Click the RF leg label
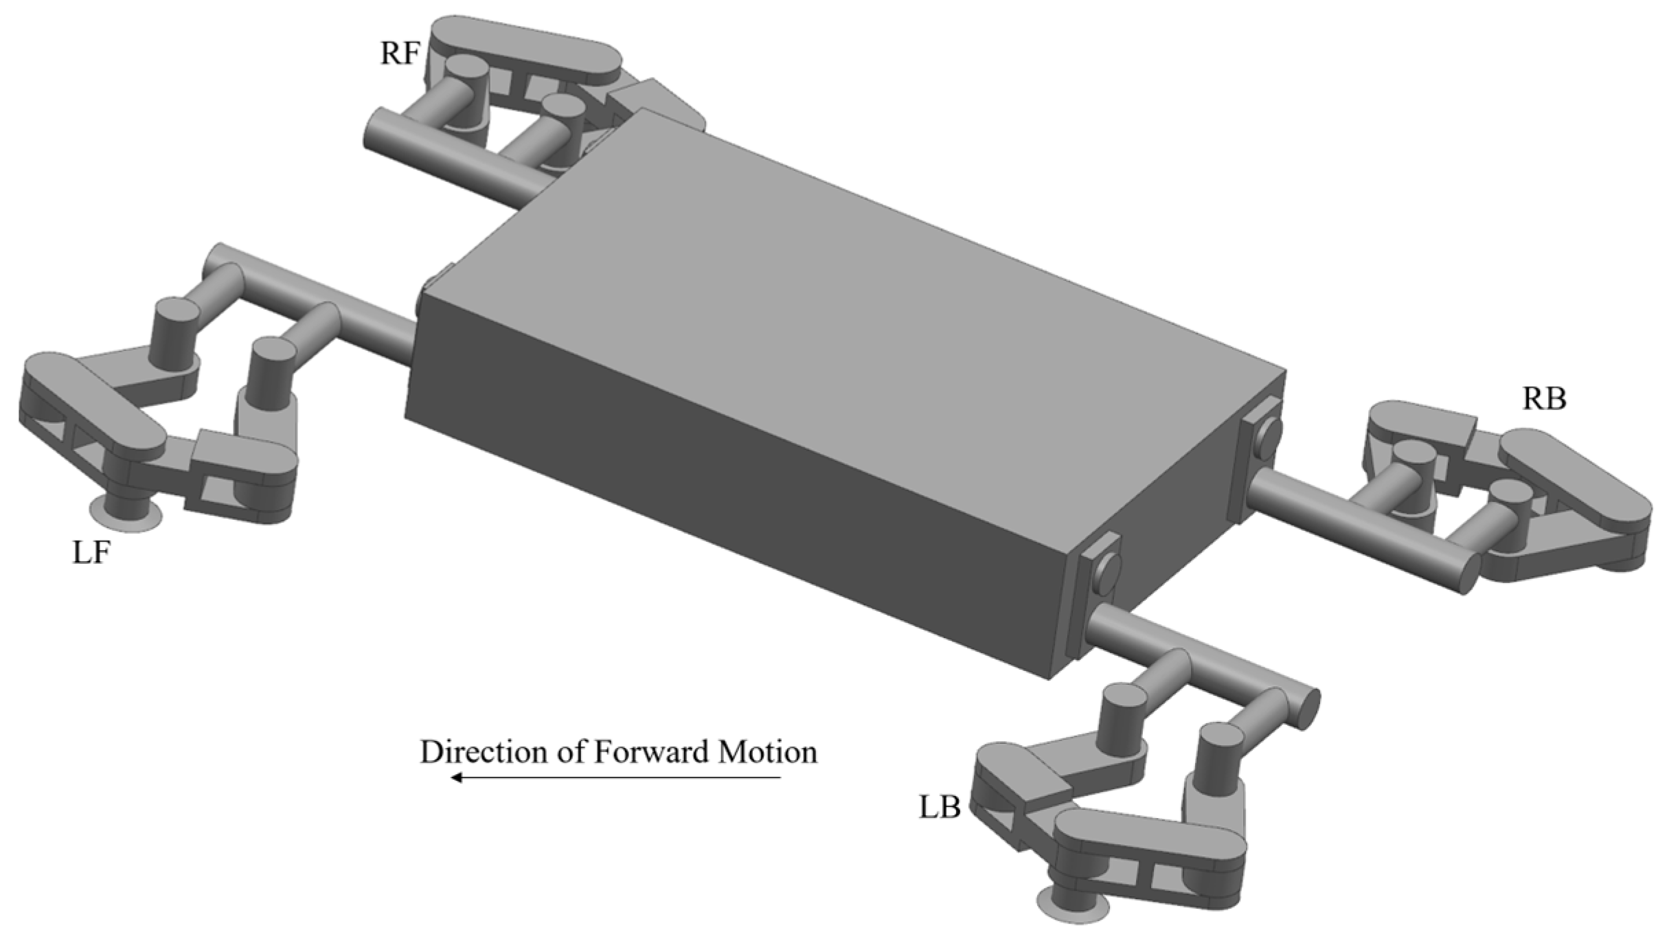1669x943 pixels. (x=399, y=54)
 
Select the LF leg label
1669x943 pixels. (x=91, y=552)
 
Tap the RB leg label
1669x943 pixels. (x=1544, y=399)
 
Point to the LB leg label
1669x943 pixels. (x=940, y=808)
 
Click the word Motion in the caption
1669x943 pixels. (x=768, y=752)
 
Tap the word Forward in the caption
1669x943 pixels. (x=652, y=752)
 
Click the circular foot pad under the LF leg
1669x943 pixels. (x=126, y=515)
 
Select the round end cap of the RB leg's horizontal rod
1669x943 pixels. (x=1468, y=573)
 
